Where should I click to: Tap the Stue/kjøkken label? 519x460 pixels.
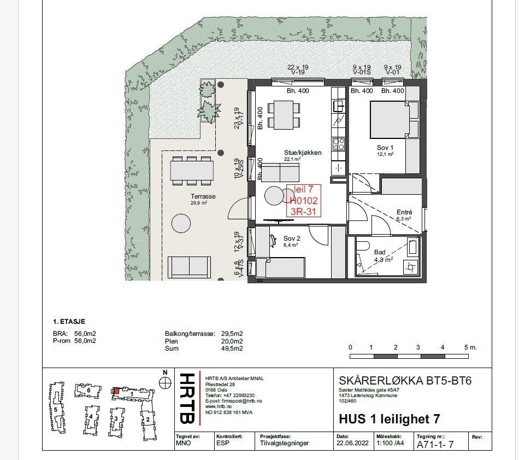point(298,153)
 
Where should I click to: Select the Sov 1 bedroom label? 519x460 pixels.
point(385,148)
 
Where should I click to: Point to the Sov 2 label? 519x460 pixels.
point(292,238)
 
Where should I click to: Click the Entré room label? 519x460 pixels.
point(404,212)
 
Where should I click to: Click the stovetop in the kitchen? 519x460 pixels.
point(339,144)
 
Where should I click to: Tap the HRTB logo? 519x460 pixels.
point(187,398)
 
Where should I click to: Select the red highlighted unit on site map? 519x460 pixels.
point(116,391)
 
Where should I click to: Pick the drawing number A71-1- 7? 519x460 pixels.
point(435,445)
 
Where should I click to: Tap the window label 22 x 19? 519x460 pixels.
point(298,67)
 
